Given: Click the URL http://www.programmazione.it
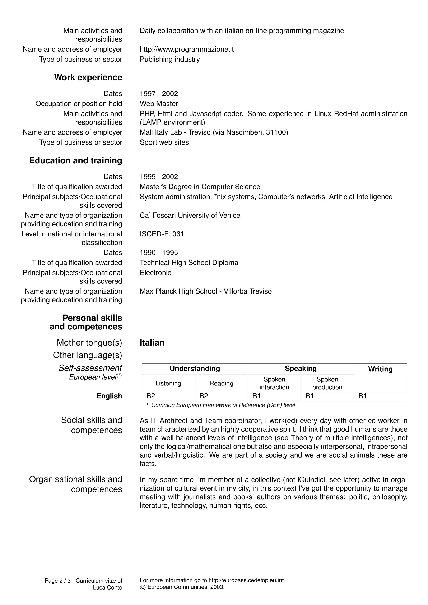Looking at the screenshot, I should pyautogui.click(x=187, y=49).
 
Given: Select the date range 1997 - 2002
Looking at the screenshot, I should pyautogui.click(x=159, y=94).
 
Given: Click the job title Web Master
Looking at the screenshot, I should pyautogui.click(x=159, y=104).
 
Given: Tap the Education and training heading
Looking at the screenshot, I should pyautogui.click(x=76, y=160).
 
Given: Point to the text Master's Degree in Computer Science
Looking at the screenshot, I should pyautogui.click(x=200, y=187).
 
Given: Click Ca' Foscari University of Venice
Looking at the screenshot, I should pyautogui.click(x=190, y=215).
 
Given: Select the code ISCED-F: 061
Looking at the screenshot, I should pyautogui.click(x=162, y=234).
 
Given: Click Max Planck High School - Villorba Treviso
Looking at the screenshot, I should pyautogui.click(x=206, y=291).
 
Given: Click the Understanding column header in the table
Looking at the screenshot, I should pyautogui.click(x=195, y=368).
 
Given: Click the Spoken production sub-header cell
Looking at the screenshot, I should pyautogui.click(x=327, y=383).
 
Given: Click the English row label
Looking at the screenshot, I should pyautogui.click(x=109, y=396).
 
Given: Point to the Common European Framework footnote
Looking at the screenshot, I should pyautogui.click(x=223, y=405).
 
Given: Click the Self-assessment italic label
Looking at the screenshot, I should pyautogui.click(x=90, y=368).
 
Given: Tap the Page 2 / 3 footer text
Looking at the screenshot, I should pyautogui.click(x=83, y=581).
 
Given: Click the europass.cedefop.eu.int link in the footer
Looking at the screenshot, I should pyautogui.click(x=246, y=580).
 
